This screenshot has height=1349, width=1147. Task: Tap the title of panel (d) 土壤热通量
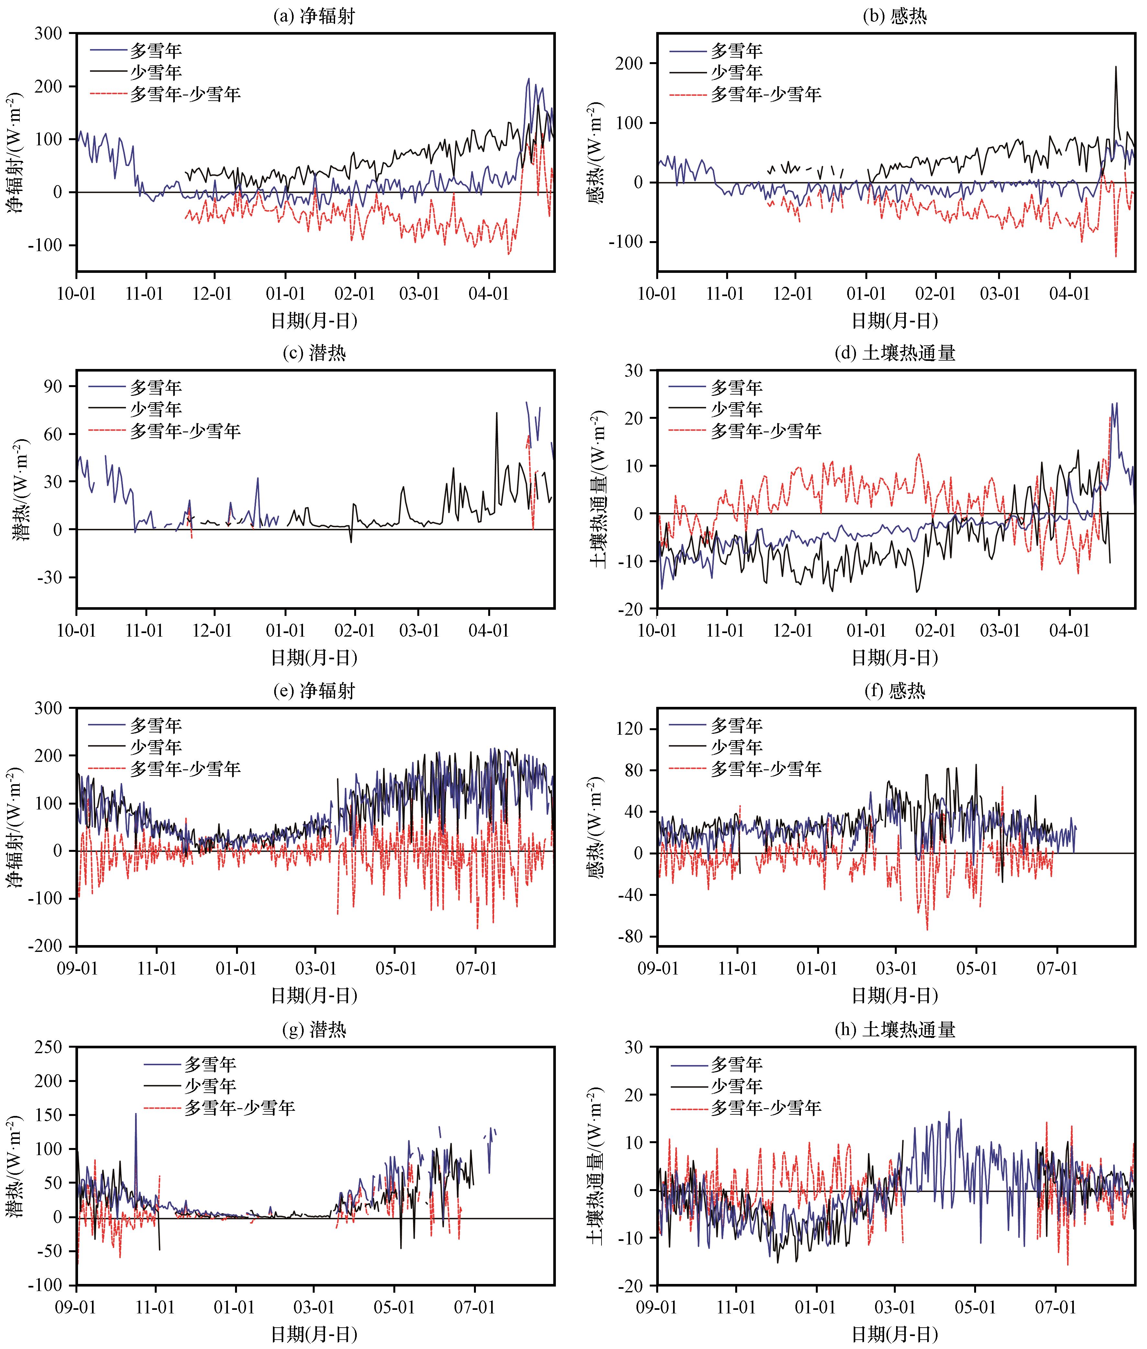pos(895,353)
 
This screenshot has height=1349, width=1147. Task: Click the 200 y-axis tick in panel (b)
pos(628,64)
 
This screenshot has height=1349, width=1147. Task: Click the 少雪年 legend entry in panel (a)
pos(155,72)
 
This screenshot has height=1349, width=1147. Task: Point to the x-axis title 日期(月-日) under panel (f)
pos(895,995)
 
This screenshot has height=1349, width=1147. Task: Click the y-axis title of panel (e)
pos(14,827)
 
